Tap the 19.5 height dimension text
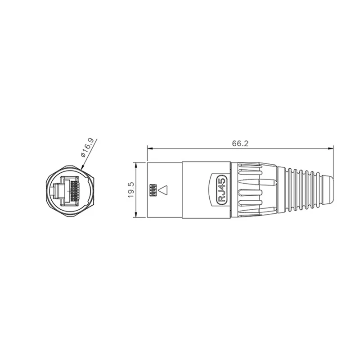(x=130, y=190)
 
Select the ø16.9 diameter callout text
(x=87, y=147)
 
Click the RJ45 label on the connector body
(x=220, y=190)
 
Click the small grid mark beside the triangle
(x=152, y=190)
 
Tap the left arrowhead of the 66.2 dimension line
(x=149, y=148)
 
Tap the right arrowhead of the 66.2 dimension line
(x=332, y=148)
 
